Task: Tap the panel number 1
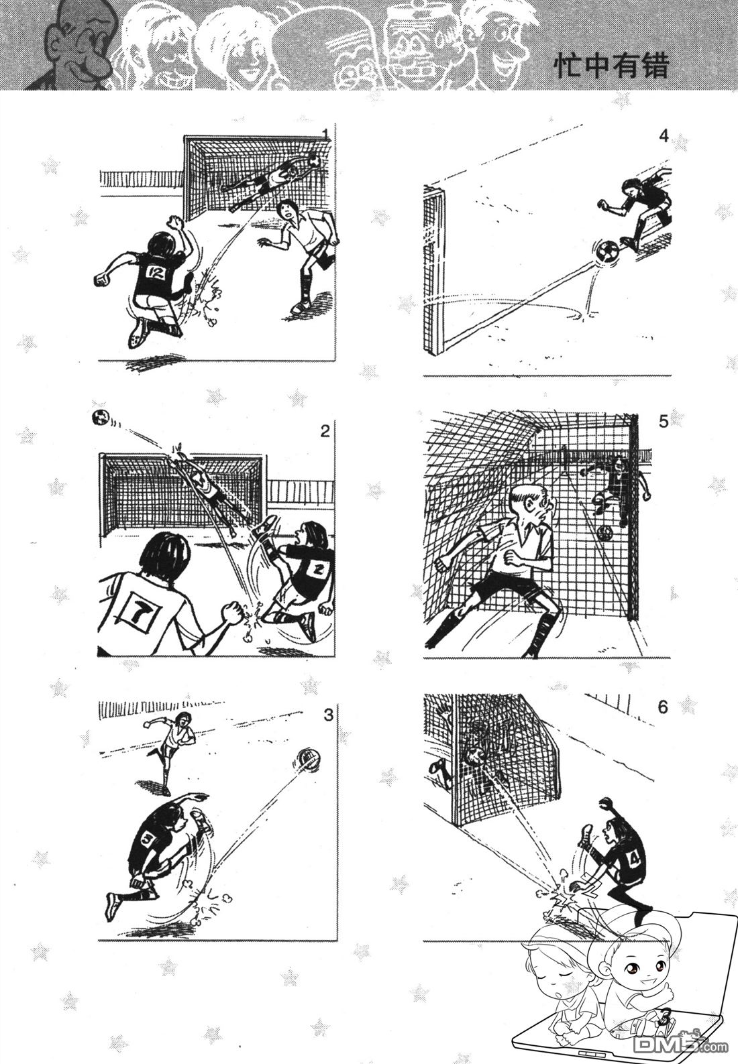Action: coord(325,134)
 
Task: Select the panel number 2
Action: coord(325,431)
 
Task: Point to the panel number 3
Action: coord(328,715)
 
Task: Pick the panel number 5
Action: coord(664,421)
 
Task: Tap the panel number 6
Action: coord(664,707)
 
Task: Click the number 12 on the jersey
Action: coord(155,272)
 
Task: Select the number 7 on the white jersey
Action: coord(138,617)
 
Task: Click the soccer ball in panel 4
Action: coord(607,251)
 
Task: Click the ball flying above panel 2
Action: coord(100,418)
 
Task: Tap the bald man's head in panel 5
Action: coord(530,508)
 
